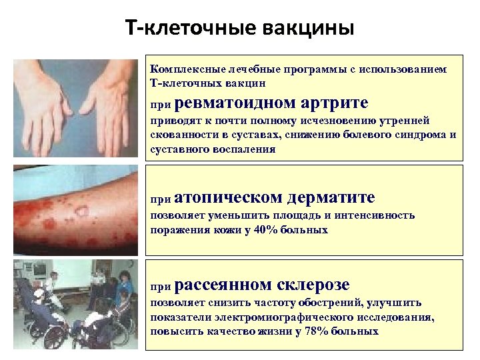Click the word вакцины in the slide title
click(x=307, y=29)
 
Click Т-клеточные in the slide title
click(x=190, y=29)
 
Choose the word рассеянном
click(x=225, y=285)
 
